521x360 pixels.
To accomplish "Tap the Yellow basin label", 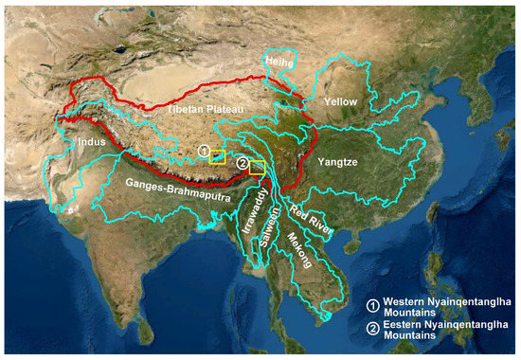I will pos(341,100).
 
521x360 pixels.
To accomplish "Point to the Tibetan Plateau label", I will pos(200,110).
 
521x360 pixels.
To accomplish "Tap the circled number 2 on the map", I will pos(243,164).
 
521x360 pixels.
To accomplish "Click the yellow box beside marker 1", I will pos(218,157).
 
